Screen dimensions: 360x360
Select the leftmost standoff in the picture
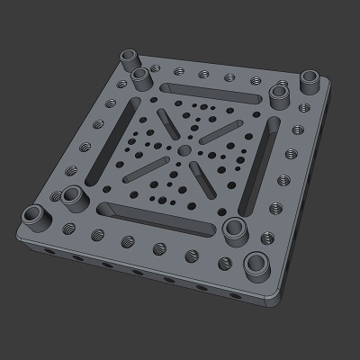pos(36,216)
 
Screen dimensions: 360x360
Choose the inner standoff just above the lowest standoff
pos(237,227)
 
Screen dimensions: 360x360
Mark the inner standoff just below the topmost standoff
pos(142,77)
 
